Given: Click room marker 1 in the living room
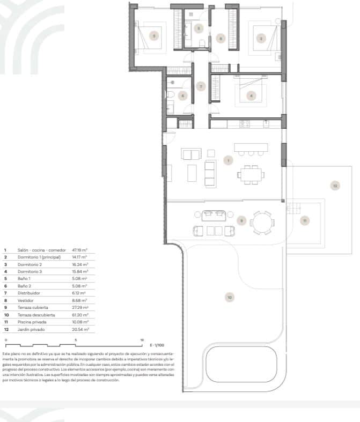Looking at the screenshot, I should point(228,160).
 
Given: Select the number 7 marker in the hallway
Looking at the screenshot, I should point(201,86).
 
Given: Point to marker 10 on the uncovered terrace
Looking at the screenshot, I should point(229,297).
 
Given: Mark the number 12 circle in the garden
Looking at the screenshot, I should point(334,186).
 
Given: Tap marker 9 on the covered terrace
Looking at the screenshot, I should point(241,220).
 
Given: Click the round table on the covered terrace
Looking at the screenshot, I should point(263,222).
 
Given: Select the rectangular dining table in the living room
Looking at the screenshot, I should point(251,174).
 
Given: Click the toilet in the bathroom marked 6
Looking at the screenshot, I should point(170,95).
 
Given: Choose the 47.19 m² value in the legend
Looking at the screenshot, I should point(79,250).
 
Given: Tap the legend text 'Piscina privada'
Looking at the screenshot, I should point(32,322).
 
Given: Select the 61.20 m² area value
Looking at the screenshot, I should point(79,315).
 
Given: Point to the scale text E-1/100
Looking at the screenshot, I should point(158,345).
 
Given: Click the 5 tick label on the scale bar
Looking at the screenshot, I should point(76,340).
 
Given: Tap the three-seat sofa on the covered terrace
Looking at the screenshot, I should point(214,216).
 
